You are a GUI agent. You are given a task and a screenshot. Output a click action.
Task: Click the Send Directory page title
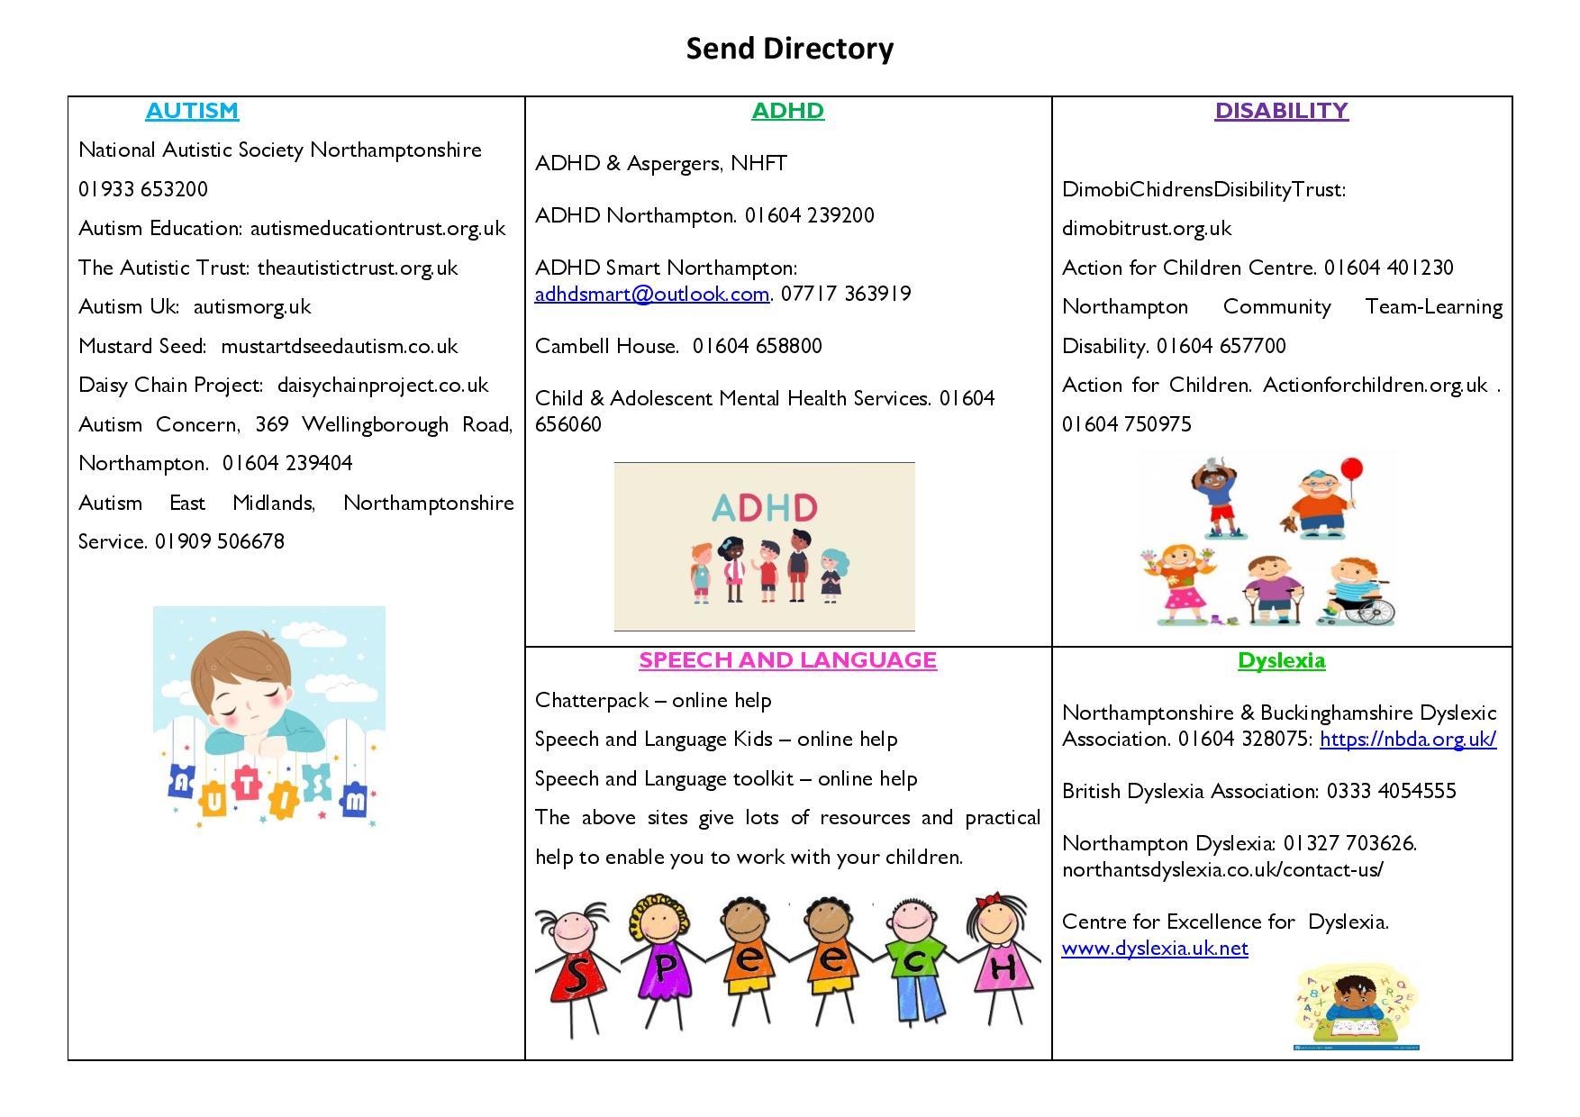coord(789,49)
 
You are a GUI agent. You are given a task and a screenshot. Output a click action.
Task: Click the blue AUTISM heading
coord(192,111)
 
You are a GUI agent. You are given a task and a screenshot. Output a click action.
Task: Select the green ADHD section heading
coord(787,111)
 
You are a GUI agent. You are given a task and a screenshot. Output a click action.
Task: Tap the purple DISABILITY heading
coord(1281,111)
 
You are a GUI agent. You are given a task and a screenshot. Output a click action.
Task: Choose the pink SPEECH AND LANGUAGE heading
coord(787,660)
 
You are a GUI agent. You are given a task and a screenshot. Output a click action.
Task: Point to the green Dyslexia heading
coord(1281,660)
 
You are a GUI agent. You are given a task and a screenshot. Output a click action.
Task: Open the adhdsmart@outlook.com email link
coord(651,294)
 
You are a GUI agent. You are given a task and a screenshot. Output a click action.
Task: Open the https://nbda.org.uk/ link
coord(1407,740)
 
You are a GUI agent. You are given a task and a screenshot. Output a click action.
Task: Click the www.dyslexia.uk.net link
coord(1155,949)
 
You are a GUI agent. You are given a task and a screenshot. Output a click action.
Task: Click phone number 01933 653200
coord(143,189)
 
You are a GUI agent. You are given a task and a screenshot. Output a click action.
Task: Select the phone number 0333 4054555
coord(1391,791)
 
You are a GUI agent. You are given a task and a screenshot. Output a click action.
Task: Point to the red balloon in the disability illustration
coord(1351,470)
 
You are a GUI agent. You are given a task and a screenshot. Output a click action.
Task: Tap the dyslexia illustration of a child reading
coord(1356,1009)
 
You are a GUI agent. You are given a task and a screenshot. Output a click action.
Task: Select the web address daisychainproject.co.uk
coord(383,386)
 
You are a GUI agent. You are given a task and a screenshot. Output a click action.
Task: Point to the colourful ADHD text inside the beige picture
coord(764,508)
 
